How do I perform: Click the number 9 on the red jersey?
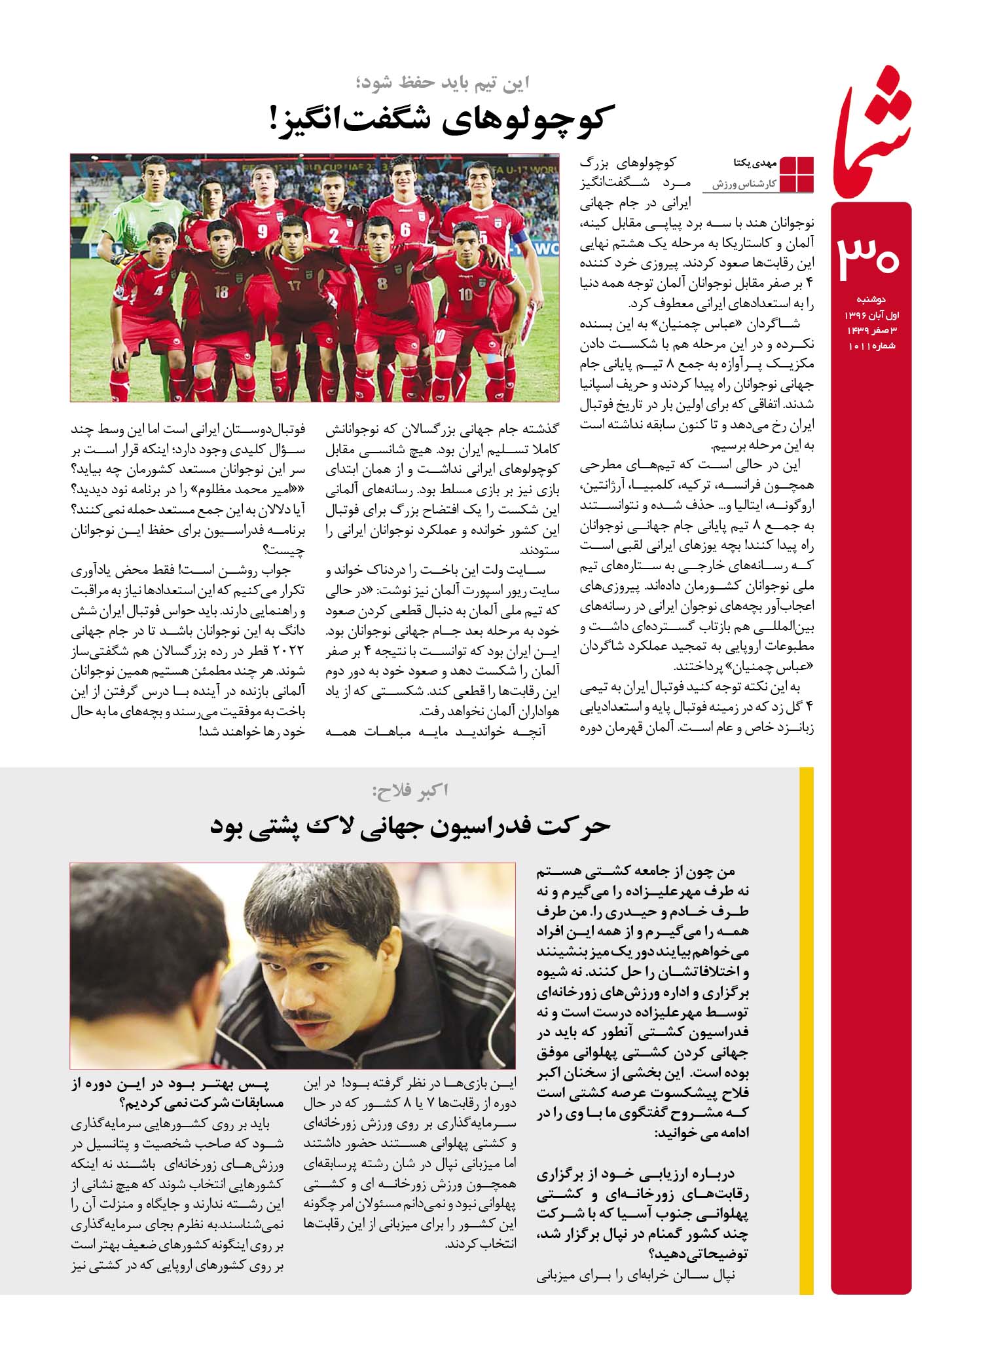(x=263, y=231)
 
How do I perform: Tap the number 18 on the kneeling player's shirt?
(x=221, y=291)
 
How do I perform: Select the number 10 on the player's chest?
(x=465, y=294)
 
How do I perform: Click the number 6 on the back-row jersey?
(x=405, y=230)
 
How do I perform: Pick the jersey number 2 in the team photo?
(x=334, y=236)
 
